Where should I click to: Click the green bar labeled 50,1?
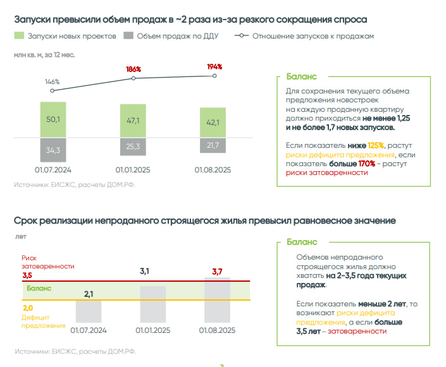pos(53,119)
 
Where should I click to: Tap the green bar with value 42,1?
pos(213,123)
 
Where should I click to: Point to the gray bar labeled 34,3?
pos(53,150)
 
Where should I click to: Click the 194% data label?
pos(214,66)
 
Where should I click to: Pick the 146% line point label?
pos(52,81)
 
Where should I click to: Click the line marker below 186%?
pos(133,78)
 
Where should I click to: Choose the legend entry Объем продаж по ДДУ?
pos(171,36)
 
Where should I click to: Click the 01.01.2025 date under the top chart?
pos(133,170)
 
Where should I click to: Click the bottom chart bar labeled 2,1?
pos(89,311)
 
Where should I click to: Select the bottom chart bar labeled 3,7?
pos(217,299)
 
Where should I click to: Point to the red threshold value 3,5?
pos(27,275)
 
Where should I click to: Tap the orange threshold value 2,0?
pos(27,308)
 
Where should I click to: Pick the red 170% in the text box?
pos(367,163)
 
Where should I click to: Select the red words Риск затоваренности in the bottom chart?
pos(47,262)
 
